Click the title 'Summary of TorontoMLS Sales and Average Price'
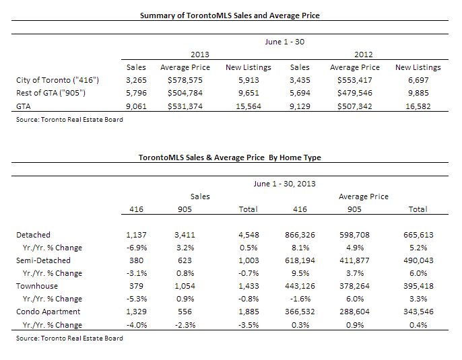[230, 15]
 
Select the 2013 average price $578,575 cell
[185, 80]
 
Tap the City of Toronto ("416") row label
[57, 80]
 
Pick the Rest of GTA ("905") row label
[51, 93]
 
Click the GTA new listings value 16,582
[418, 106]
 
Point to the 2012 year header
[363, 55]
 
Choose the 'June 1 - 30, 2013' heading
[285, 184]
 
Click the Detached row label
[33, 235]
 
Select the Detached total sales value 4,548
[249, 235]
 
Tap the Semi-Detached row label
[43, 260]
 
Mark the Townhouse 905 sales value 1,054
[185, 286]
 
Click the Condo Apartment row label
[48, 312]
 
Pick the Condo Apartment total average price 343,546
[418, 312]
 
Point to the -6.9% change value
[137, 248]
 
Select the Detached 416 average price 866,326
[300, 235]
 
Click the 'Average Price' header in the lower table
[363, 196]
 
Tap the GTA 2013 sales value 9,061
[136, 106]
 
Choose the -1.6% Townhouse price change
[300, 299]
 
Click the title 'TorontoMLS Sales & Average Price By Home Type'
[230, 157]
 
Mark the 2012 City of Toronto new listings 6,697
[418, 80]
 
